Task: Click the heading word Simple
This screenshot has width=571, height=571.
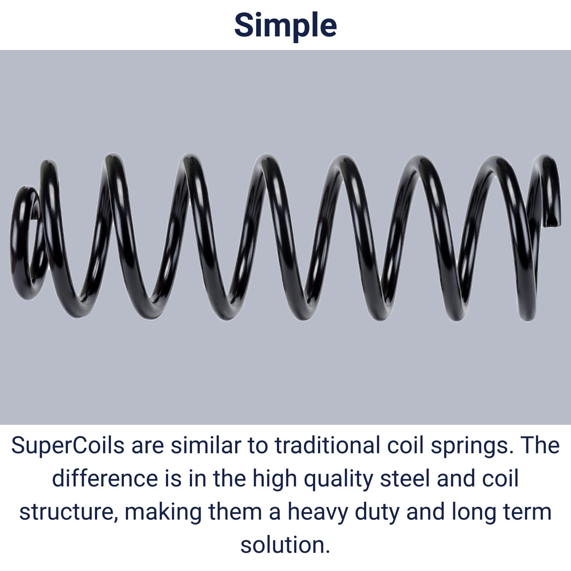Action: [285, 25]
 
